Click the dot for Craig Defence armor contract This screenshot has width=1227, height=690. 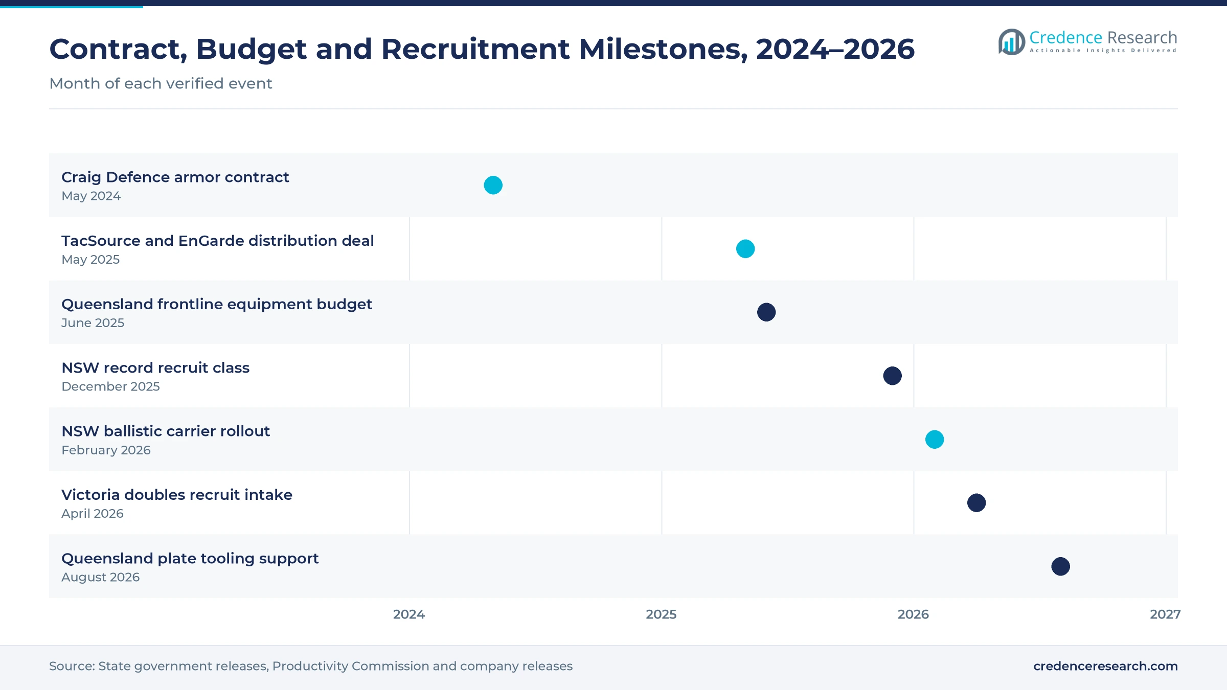[x=493, y=185]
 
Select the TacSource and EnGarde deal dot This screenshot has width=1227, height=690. [x=745, y=249]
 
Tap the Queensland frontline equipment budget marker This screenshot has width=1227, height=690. [x=766, y=312]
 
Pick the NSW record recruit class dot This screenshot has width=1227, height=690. [x=893, y=376]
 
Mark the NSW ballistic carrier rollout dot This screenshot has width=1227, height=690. [x=935, y=440]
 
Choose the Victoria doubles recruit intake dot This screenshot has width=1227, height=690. [x=976, y=503]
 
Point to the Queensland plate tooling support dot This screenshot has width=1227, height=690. [x=1061, y=566]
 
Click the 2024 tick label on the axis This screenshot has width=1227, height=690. [x=409, y=614]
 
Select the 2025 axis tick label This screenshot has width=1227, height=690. [x=661, y=614]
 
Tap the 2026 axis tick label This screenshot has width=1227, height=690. [x=914, y=614]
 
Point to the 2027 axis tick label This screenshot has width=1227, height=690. [x=1165, y=614]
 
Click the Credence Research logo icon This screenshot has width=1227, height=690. [x=1012, y=41]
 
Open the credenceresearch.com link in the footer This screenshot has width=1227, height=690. [x=1105, y=666]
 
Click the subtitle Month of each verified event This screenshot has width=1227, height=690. [x=161, y=83]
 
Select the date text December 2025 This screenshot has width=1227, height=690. [x=110, y=386]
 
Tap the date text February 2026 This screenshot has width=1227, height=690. [x=106, y=450]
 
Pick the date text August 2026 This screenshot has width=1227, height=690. [x=100, y=577]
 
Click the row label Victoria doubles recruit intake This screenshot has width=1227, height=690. [x=177, y=495]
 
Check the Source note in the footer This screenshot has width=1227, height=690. [x=311, y=666]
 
